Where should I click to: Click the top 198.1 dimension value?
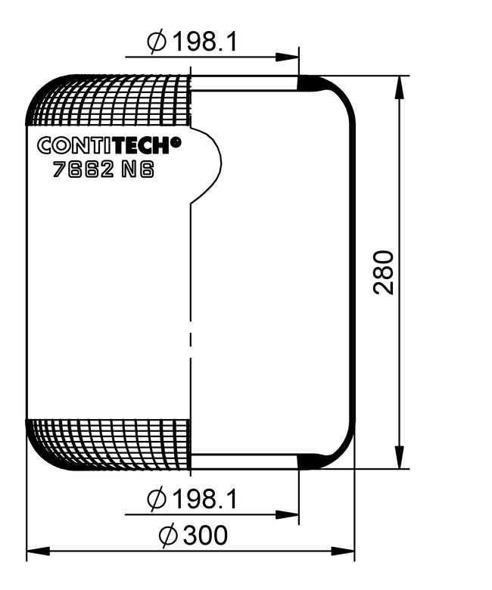[x=202, y=42]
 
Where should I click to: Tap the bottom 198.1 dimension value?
[x=202, y=499]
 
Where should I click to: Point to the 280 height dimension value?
[x=385, y=272]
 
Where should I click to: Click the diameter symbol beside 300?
[x=168, y=536]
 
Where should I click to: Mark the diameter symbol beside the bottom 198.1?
[x=155, y=500]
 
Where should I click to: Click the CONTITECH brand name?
[x=104, y=145]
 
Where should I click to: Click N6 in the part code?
[x=138, y=170]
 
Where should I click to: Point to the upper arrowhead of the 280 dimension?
[x=397, y=86]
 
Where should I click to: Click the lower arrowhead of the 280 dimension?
[x=397, y=458]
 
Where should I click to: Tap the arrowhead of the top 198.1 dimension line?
[x=288, y=57]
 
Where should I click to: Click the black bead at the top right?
[x=311, y=83]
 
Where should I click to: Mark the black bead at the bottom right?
[x=311, y=461]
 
